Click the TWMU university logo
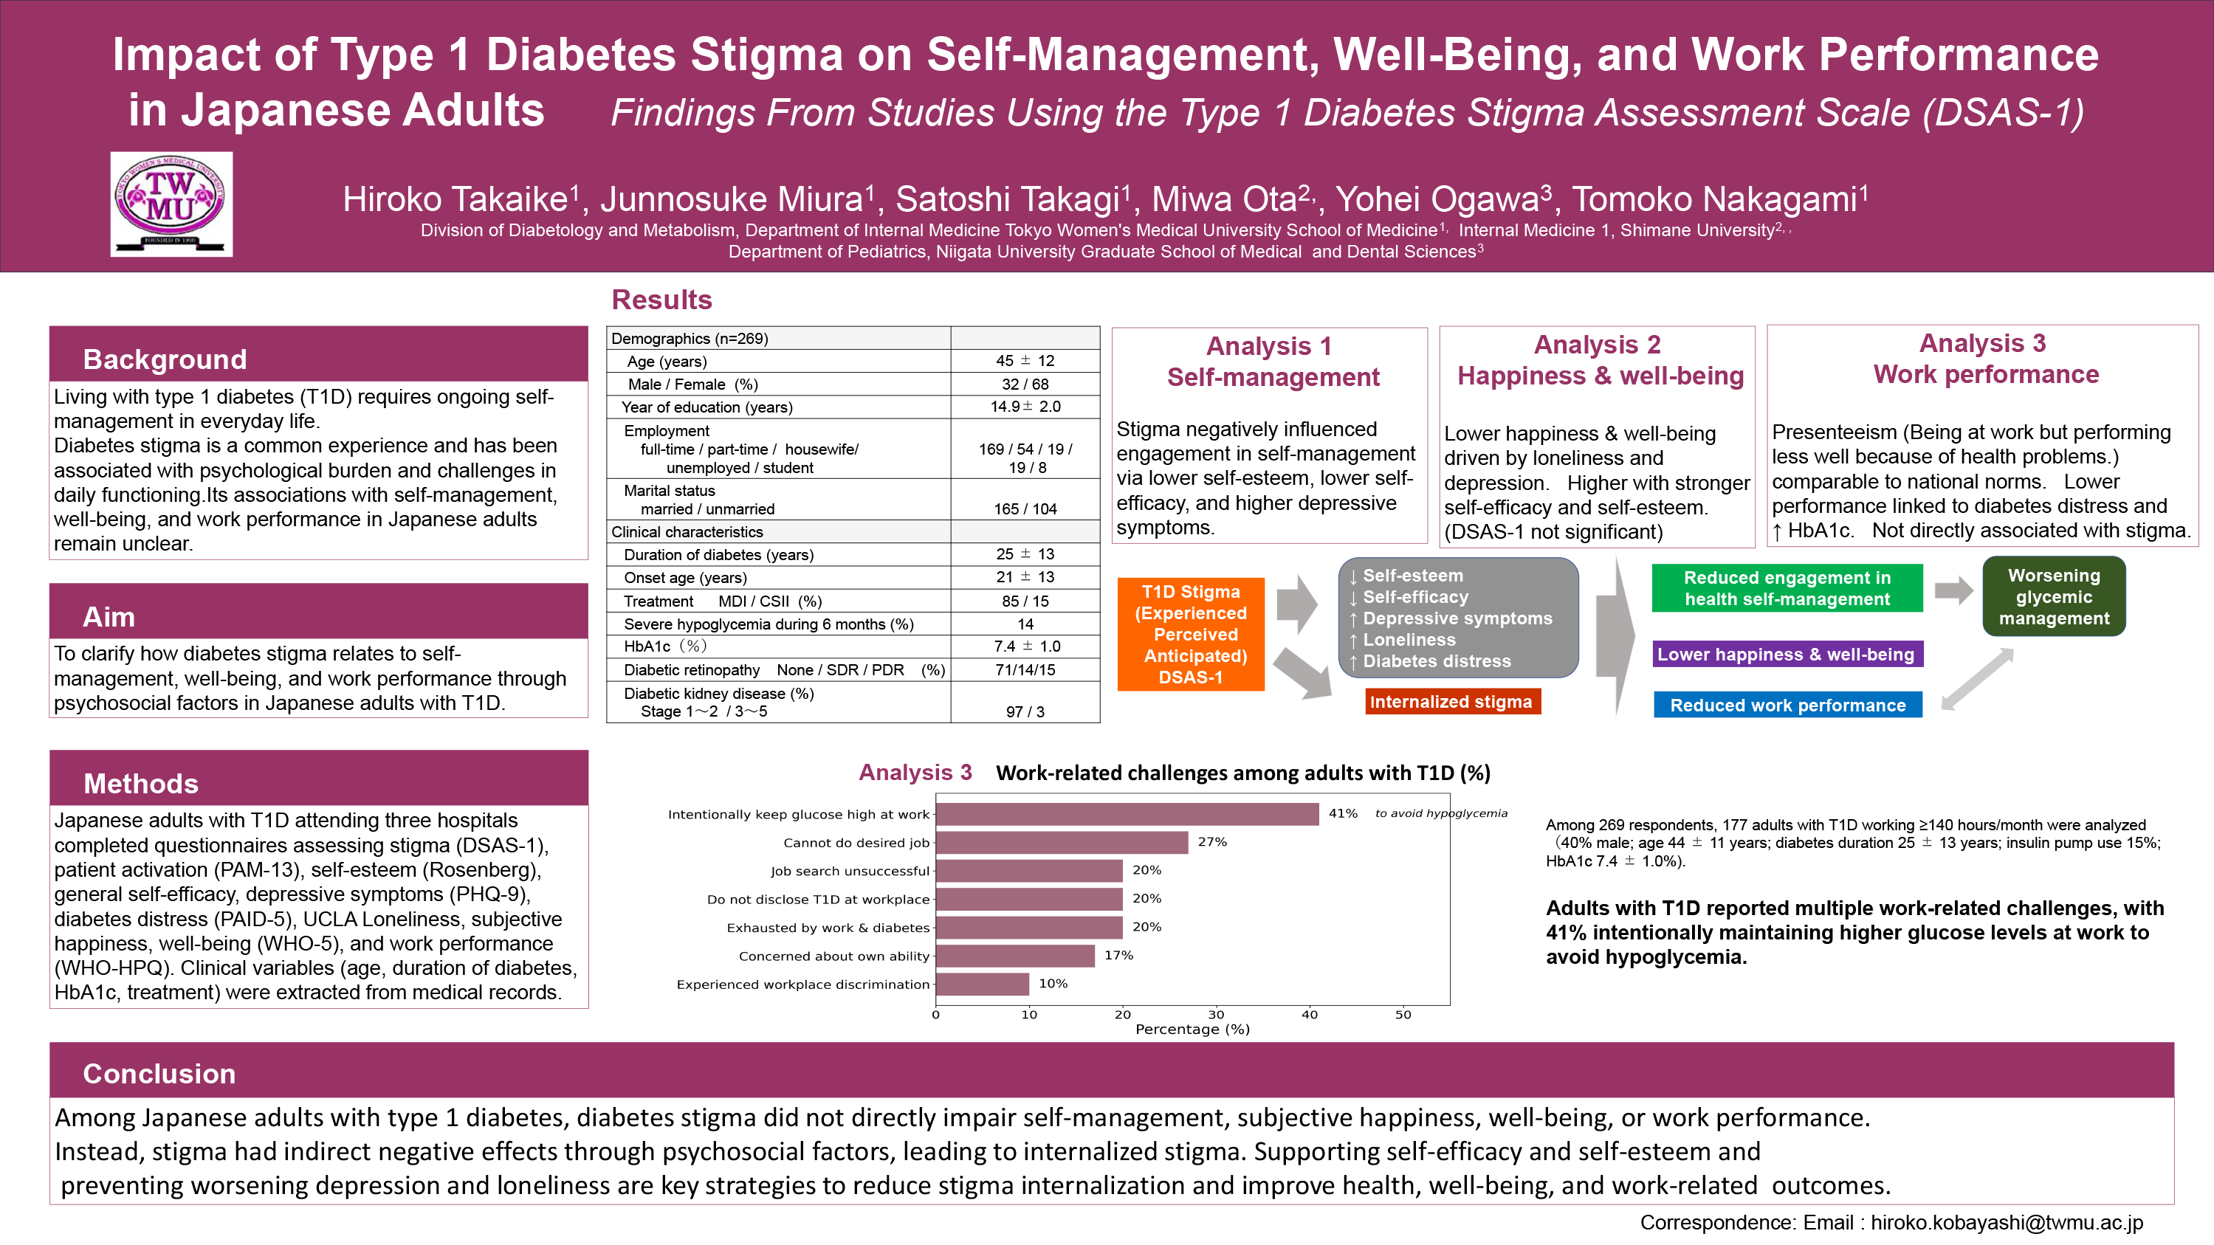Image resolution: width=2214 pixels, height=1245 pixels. click(x=171, y=204)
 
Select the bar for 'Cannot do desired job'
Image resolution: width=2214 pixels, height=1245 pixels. click(x=1062, y=842)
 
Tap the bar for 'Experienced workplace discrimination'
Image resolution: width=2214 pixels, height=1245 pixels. click(x=982, y=984)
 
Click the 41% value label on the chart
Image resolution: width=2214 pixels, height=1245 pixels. click(x=1342, y=813)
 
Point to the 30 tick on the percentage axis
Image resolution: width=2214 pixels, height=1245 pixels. click(x=1215, y=1015)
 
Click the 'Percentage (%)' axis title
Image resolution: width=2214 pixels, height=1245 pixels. click(x=1192, y=1030)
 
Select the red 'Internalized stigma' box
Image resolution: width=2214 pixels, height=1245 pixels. click(x=1451, y=702)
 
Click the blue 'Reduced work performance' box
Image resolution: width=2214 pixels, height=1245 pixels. click(x=1787, y=706)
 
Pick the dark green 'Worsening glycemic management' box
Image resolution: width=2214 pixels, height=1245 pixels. click(x=2053, y=597)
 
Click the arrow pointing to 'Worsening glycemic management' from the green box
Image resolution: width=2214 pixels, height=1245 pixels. click(x=1953, y=590)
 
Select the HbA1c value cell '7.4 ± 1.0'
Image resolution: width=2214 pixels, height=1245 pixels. click(x=1026, y=646)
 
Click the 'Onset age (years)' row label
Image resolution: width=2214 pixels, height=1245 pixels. click(x=685, y=577)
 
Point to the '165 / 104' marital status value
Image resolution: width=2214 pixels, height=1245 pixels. click(x=1025, y=508)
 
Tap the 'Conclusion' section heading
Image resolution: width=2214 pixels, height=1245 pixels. click(x=159, y=1073)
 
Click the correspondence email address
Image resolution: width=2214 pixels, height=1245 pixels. click(x=2007, y=1223)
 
